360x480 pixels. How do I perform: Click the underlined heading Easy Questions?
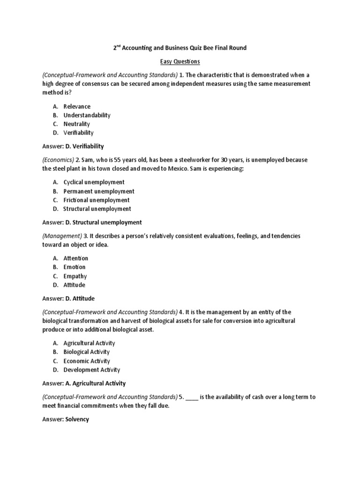point(180,61)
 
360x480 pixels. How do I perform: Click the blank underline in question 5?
point(192,397)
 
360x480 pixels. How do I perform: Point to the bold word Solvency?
point(77,420)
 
